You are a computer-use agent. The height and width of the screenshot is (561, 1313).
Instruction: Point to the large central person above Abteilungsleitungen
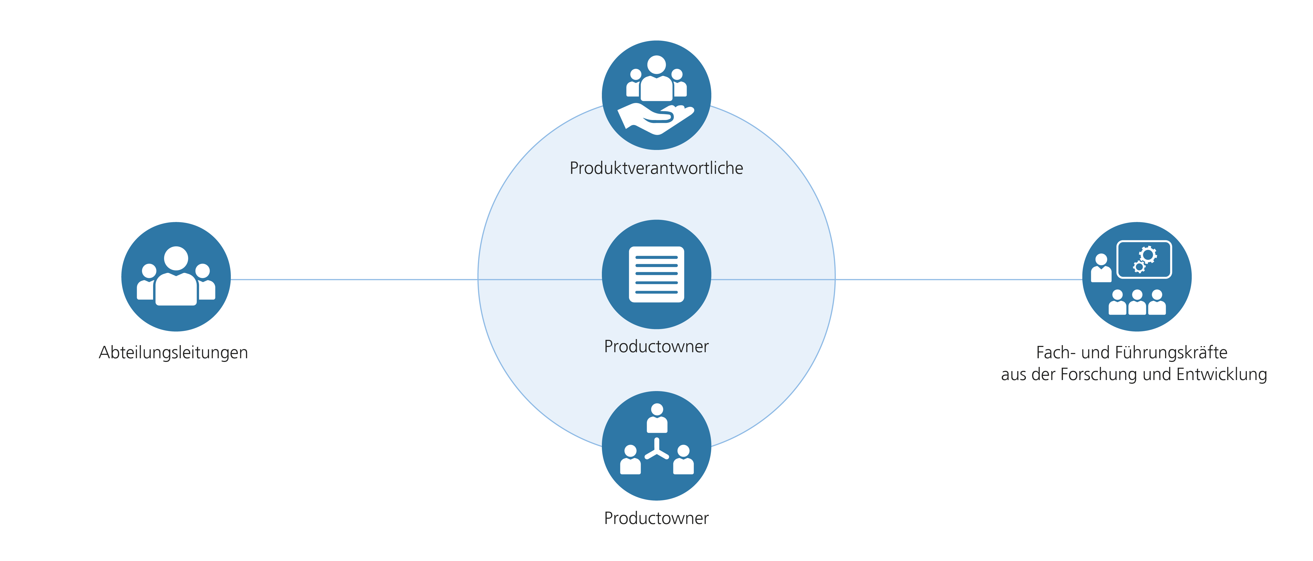coord(176,278)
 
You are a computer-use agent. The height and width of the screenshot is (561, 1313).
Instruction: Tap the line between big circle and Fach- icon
coord(958,279)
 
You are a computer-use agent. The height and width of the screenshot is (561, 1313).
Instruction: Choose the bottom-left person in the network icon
coord(631,460)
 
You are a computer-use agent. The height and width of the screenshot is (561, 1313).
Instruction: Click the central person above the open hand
coord(656,79)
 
